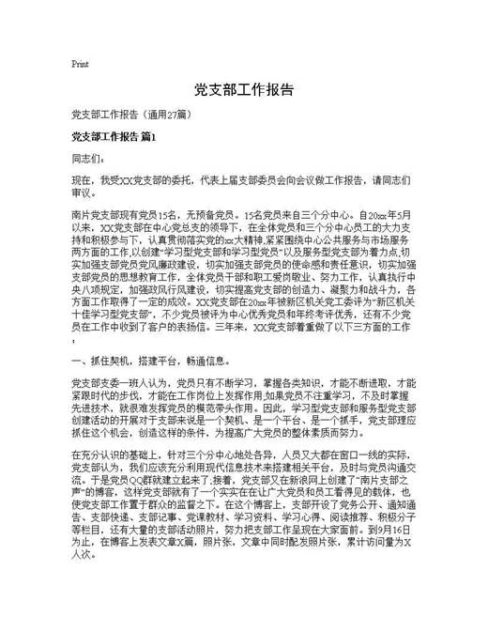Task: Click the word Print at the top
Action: click(x=80, y=64)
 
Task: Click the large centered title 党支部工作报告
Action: click(x=244, y=91)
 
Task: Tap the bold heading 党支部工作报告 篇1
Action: click(x=114, y=138)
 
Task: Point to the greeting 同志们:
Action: click(x=87, y=159)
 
